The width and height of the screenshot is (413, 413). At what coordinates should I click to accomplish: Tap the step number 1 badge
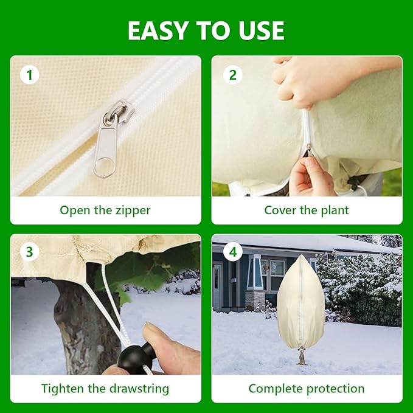(x=29, y=75)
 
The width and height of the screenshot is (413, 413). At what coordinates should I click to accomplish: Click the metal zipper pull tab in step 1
(x=106, y=146)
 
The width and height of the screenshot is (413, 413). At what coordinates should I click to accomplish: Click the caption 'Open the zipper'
(x=105, y=210)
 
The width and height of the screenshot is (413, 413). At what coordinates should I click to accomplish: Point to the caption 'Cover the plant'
(x=307, y=210)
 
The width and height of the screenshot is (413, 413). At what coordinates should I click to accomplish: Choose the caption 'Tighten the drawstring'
(x=105, y=388)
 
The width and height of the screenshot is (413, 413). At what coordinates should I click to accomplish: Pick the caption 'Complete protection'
(x=307, y=388)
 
